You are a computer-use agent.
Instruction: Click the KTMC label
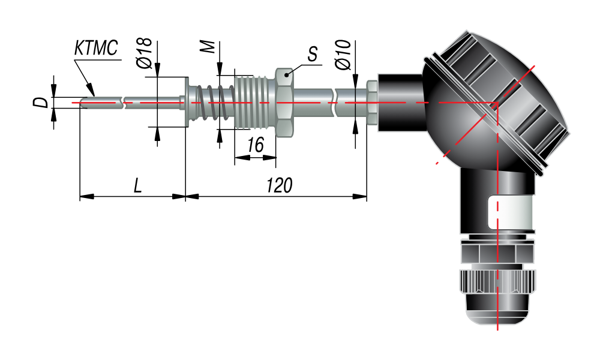pos(95,48)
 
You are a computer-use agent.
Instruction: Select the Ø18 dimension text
pos(145,53)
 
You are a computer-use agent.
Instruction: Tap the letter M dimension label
pos(208,47)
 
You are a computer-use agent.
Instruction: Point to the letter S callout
pos(313,54)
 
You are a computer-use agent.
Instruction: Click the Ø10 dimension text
pos(343,55)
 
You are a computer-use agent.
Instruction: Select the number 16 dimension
pos(255,145)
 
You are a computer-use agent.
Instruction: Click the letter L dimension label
pos(138,185)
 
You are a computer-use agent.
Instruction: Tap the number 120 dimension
pos(280,185)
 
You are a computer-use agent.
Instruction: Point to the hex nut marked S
pos(284,103)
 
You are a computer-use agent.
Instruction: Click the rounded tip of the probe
pos(84,103)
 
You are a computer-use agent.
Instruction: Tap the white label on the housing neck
pos(510,212)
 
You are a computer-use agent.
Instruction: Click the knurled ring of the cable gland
pos(497,281)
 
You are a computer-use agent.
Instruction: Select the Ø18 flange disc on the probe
pos(187,102)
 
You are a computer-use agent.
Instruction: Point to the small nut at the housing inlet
pos(371,103)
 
